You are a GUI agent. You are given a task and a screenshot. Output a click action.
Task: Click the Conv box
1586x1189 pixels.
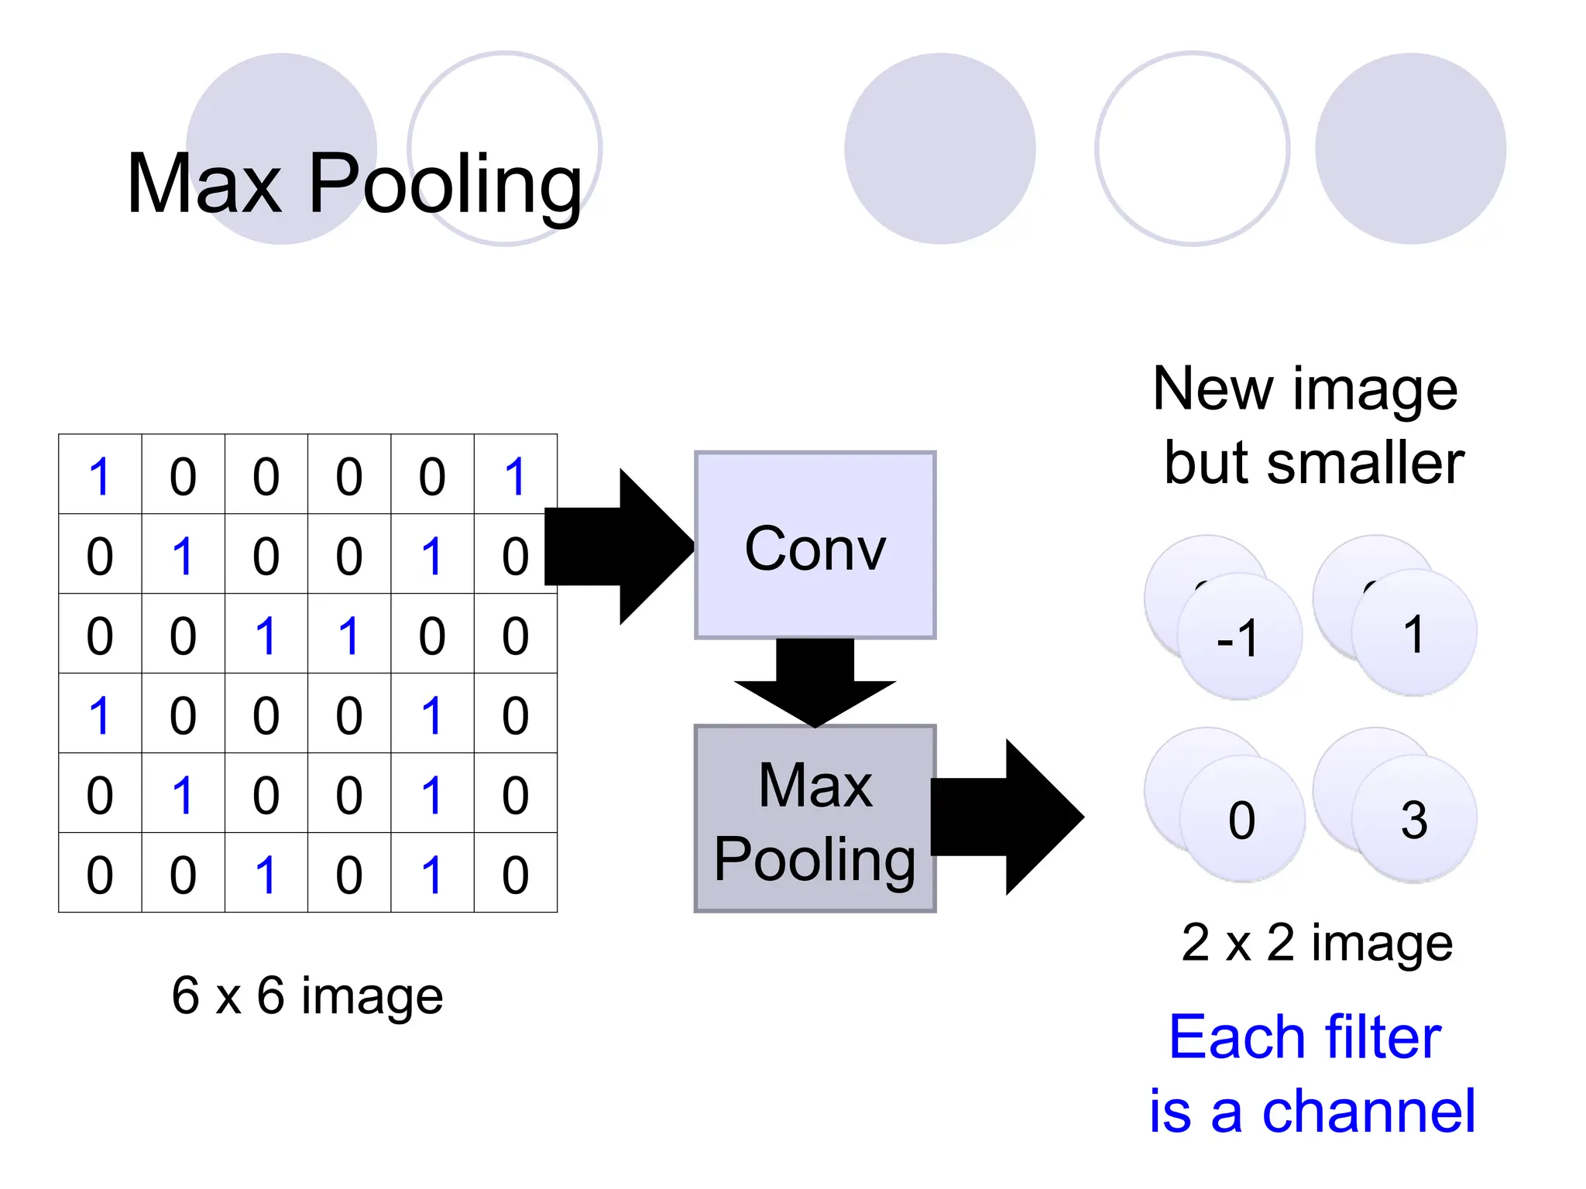coord(815,545)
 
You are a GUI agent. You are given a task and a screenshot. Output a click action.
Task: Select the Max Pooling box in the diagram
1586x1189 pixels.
coord(815,819)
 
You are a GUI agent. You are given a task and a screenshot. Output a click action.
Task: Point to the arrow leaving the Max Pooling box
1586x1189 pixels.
coord(1007,817)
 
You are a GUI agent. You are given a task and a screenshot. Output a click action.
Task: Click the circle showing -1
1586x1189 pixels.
coord(1239,637)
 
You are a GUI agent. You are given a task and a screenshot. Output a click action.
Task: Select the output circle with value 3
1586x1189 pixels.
coord(1414,819)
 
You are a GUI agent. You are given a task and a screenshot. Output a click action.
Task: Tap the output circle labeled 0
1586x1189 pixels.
coord(1242,819)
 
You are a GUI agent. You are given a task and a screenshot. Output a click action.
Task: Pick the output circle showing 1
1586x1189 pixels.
coord(1414,633)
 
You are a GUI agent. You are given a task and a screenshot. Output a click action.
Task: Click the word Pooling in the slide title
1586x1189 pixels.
coord(445,184)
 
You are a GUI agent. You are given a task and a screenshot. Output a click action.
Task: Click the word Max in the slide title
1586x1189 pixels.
coord(204,184)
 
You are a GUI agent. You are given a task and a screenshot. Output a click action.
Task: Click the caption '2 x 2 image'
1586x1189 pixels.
coord(1317,943)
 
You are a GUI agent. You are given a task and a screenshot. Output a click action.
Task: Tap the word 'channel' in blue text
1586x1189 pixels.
coord(1368,1111)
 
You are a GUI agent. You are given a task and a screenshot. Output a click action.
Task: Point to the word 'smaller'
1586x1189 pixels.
coord(1365,463)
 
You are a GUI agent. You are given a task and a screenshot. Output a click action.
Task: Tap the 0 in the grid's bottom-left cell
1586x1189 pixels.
coord(100,875)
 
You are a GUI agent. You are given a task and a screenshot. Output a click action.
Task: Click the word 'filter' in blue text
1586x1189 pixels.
coord(1383,1037)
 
